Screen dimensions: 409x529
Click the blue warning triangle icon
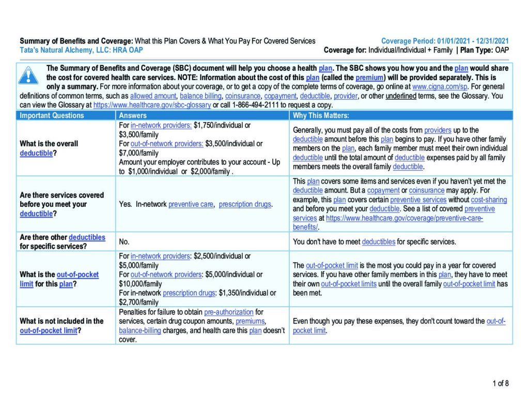28,76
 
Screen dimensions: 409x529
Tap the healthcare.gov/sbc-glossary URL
152,104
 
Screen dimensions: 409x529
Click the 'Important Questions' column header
52,115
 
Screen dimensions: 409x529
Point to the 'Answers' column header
133,115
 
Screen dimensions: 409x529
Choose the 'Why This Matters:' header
321,115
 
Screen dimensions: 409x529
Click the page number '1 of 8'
500,383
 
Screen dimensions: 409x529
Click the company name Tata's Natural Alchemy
61,50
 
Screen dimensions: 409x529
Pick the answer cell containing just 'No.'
124,241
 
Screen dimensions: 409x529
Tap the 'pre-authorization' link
229,312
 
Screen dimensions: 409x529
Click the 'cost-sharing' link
489,200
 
